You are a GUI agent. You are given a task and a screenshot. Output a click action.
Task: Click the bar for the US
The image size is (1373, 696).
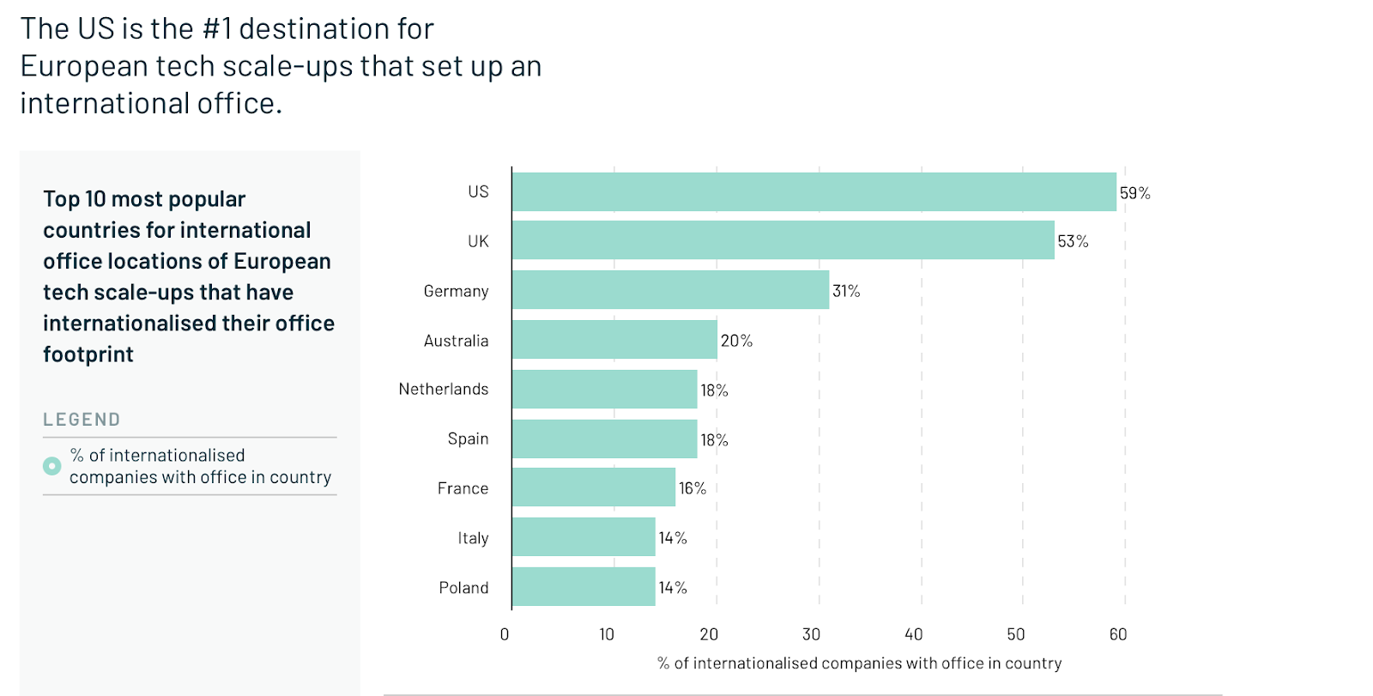pyautogui.click(x=814, y=192)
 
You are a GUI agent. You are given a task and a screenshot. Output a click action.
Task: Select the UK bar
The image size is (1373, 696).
pyautogui.click(x=783, y=240)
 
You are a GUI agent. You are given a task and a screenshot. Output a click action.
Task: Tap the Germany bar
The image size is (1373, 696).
pyautogui.click(x=670, y=290)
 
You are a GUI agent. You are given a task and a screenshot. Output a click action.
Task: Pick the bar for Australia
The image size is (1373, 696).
pyautogui.click(x=614, y=340)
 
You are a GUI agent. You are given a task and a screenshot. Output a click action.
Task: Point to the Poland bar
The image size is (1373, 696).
pyautogui.click(x=584, y=587)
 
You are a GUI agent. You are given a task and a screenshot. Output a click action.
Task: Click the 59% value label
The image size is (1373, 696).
pyautogui.click(x=1134, y=193)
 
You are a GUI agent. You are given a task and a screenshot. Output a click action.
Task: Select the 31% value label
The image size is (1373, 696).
pyautogui.click(x=846, y=291)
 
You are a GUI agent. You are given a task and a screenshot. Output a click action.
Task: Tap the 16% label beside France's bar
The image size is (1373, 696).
pyautogui.click(x=693, y=488)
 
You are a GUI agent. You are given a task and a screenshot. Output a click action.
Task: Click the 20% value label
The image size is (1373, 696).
pyautogui.click(x=736, y=341)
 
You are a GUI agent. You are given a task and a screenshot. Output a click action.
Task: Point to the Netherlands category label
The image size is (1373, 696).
pyautogui.click(x=444, y=389)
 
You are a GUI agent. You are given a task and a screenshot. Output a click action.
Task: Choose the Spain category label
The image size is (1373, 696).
pyautogui.click(x=468, y=439)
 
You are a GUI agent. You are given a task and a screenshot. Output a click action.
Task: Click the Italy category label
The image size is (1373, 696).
pyautogui.click(x=473, y=538)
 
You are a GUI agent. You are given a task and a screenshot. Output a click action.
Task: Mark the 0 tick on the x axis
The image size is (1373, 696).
pyautogui.click(x=505, y=634)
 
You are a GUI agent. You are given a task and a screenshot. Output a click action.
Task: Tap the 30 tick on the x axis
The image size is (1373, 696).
pyautogui.click(x=811, y=634)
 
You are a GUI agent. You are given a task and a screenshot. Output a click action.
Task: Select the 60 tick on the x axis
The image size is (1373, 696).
pyautogui.click(x=1118, y=634)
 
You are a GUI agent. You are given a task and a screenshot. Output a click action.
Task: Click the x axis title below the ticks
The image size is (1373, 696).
pyautogui.click(x=859, y=663)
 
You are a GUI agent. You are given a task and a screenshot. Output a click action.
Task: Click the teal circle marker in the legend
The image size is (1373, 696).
pyautogui.click(x=52, y=466)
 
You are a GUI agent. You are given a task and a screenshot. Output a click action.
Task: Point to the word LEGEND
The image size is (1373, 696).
pyautogui.click(x=82, y=420)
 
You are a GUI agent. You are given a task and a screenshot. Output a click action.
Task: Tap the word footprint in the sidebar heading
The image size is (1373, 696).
pyautogui.click(x=88, y=354)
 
